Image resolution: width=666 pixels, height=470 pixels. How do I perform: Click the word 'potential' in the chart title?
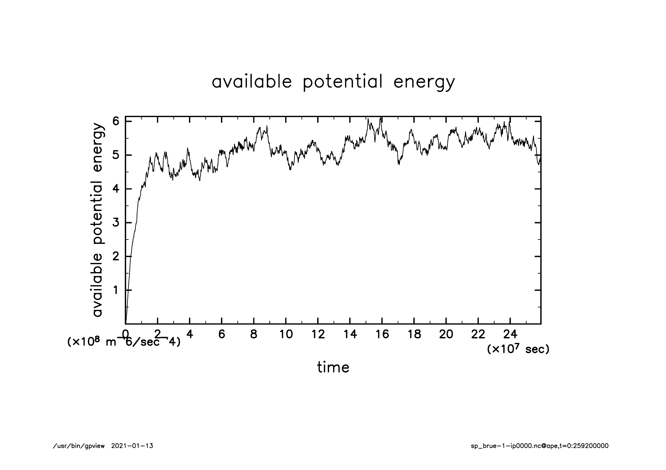[342, 82]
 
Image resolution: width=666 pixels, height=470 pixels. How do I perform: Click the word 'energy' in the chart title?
[424, 82]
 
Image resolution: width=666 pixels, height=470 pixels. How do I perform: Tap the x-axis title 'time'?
[333, 367]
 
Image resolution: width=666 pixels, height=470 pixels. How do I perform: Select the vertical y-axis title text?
[98, 220]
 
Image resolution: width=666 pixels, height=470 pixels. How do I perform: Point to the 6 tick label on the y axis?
[116, 121]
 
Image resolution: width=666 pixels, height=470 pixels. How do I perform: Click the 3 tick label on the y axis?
[116, 223]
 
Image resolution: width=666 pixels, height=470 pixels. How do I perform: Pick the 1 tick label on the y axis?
[116, 290]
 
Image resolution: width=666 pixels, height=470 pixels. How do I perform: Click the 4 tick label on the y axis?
[116, 189]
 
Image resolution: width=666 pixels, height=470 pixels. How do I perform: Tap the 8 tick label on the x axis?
[254, 334]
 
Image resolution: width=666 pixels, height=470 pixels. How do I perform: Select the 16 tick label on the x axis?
[382, 334]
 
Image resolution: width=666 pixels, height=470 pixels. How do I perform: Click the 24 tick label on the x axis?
[510, 334]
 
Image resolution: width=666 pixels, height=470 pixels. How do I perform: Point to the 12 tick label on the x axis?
[318, 334]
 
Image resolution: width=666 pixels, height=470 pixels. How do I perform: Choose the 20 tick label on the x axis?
[446, 334]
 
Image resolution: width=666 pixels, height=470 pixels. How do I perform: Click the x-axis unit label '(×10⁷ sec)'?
[518, 349]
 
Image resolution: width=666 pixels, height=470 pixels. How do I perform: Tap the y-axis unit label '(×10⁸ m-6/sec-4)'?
[124, 342]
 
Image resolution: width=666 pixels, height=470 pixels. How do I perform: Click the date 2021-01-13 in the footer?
[132, 446]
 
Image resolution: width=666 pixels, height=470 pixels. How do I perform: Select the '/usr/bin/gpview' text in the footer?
[79, 446]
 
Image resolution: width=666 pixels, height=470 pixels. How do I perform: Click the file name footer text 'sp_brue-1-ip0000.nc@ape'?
[514, 446]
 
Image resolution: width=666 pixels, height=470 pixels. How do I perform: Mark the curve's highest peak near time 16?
[380, 118]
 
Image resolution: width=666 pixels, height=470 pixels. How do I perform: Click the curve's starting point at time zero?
[126, 323]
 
